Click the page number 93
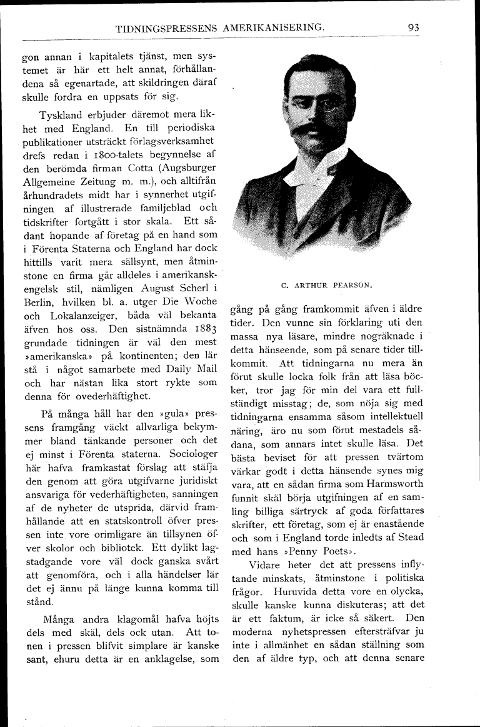412,28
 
